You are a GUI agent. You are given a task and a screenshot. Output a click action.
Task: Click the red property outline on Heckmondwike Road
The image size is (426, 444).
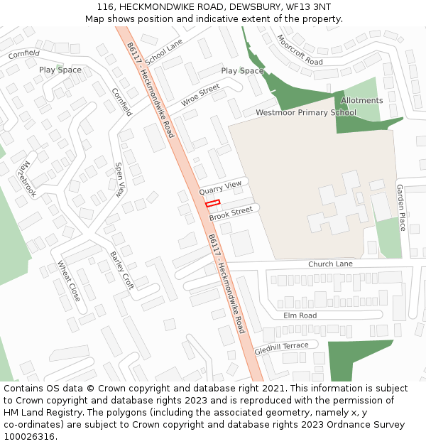point(213,203)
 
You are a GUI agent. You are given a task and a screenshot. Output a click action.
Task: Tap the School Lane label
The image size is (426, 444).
point(164,50)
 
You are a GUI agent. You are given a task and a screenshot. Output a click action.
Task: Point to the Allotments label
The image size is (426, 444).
point(361,101)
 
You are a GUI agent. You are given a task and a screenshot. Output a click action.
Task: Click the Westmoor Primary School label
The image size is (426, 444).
point(306,113)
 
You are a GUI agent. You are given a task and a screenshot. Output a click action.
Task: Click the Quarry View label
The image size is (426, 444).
point(220,187)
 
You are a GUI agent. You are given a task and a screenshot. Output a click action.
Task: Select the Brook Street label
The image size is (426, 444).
point(231,212)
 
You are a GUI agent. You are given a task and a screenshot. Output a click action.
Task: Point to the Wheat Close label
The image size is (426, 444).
point(69,281)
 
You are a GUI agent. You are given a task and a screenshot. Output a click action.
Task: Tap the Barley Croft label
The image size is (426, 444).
point(121,269)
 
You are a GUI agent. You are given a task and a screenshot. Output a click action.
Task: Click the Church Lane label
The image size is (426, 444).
point(330,264)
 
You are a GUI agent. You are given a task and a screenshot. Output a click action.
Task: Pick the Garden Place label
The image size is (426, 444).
point(401,207)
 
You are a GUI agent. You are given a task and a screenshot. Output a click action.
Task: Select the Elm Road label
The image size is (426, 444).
point(300,315)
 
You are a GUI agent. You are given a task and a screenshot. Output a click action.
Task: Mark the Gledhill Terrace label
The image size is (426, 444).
point(281,348)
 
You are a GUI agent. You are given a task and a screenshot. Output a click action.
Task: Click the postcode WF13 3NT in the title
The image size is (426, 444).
point(308,7)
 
